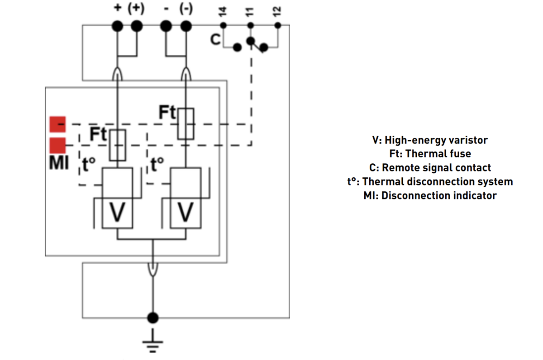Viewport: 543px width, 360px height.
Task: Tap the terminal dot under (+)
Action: pos(136,26)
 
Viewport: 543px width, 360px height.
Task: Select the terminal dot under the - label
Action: pos(166,26)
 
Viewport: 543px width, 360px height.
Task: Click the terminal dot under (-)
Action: pos(185,26)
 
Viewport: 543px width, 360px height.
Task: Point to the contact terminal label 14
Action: pos(223,11)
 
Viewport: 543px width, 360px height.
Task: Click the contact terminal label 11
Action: pos(250,11)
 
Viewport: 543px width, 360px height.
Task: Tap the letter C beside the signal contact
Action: pos(216,40)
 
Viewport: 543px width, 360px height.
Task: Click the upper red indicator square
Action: pos(57,123)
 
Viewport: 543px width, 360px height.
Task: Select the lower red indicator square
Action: pos(57,145)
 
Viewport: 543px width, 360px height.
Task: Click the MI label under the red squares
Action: pos(58,163)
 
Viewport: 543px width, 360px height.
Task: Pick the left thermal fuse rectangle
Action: pos(118,145)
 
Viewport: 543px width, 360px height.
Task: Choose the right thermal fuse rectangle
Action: pos(186,123)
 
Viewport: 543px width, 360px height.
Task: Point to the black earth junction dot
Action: pos(153,317)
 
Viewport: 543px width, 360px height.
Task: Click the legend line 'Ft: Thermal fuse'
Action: pos(430,154)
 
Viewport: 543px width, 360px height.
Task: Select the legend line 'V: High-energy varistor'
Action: pos(430,140)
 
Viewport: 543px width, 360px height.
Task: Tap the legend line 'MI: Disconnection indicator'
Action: pos(430,196)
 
